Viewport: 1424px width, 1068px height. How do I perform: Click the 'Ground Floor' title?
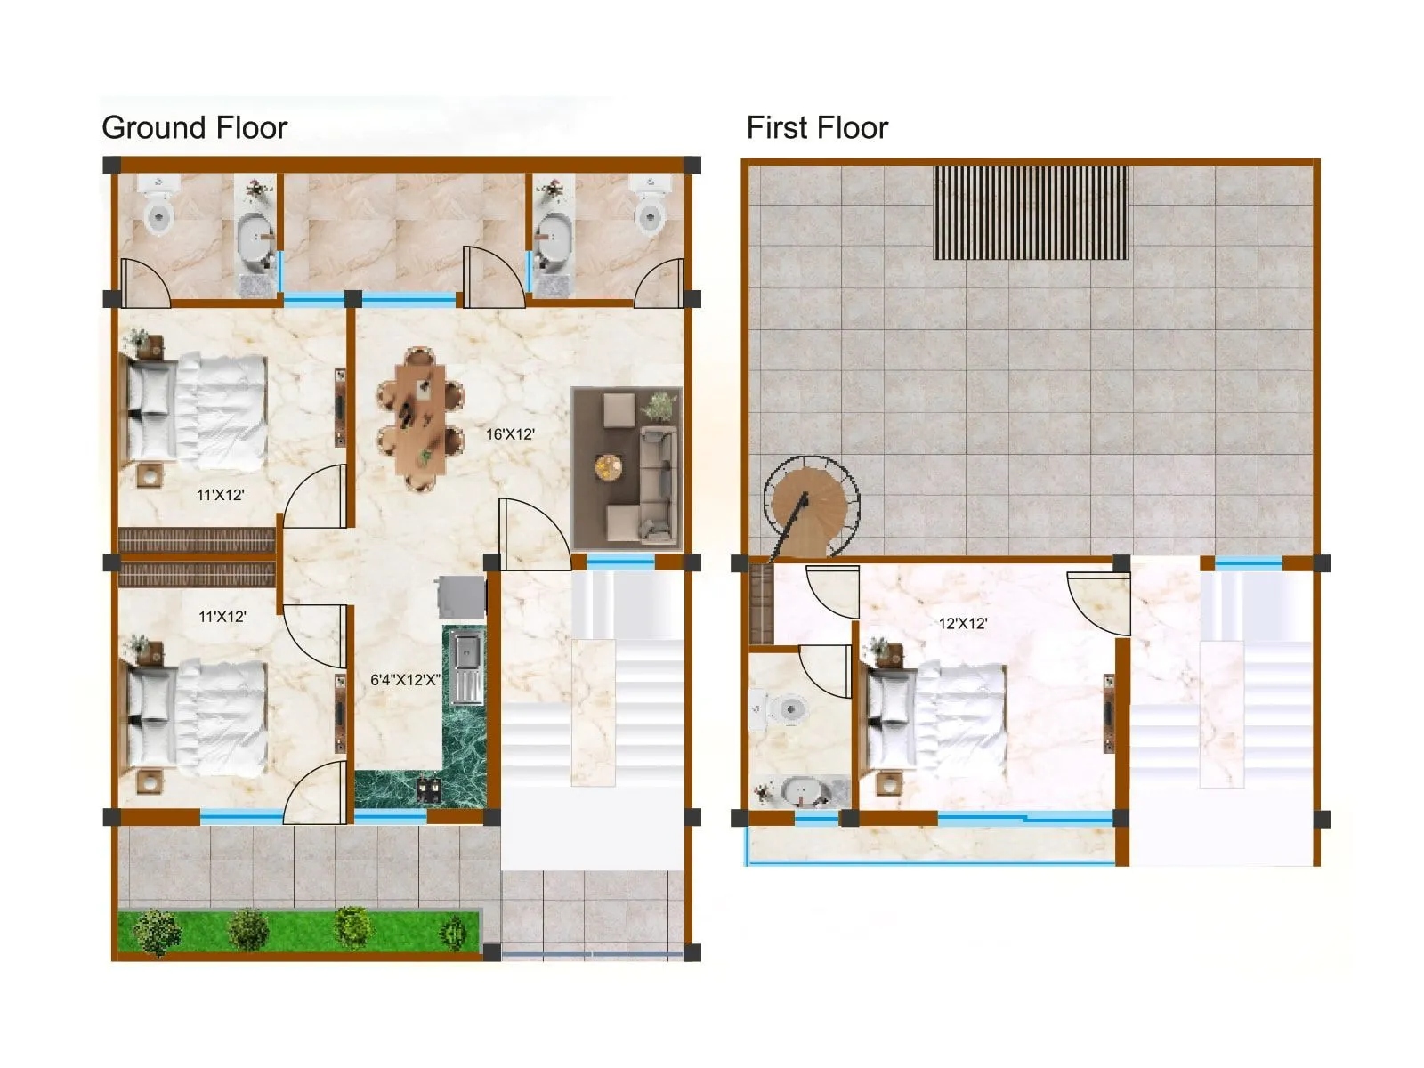(x=194, y=128)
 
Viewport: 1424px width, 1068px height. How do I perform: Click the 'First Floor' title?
(x=816, y=128)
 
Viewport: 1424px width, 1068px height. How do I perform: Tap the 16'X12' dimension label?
(x=510, y=434)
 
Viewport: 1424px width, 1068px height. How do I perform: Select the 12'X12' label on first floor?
(x=962, y=624)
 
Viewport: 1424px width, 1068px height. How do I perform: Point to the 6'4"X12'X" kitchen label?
(x=405, y=680)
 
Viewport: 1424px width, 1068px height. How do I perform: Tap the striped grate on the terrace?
(x=1030, y=213)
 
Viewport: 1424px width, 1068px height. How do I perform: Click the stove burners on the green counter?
(x=429, y=788)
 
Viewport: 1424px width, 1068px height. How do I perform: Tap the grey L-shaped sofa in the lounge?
(x=658, y=485)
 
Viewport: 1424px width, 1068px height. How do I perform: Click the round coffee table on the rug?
(x=609, y=466)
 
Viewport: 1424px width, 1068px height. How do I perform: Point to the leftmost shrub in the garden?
(x=157, y=932)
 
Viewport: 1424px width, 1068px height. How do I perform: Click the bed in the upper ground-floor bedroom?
(x=198, y=411)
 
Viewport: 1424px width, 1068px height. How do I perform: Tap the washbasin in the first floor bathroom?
(x=803, y=790)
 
